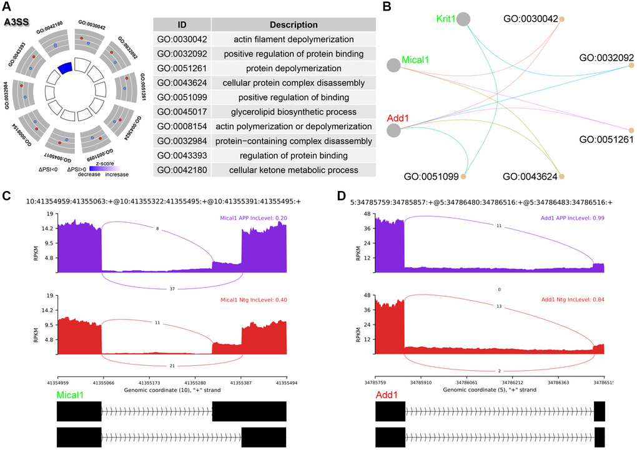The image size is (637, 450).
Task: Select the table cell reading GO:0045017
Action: coord(181,112)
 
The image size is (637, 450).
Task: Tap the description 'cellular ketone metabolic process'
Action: coord(294,170)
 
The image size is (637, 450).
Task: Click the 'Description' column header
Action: coord(294,25)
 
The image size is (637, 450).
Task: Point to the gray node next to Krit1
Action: coord(463,19)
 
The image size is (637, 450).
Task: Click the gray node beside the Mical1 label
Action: coord(393,65)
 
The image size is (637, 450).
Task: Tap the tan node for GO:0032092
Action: coord(631,65)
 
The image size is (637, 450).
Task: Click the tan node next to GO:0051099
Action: coord(463,177)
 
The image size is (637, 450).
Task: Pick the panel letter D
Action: coord(341,196)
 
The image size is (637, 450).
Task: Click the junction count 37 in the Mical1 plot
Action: coord(172,289)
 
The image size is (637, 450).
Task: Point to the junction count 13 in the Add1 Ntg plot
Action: coord(499,306)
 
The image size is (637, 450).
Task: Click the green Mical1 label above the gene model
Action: coord(71,394)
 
